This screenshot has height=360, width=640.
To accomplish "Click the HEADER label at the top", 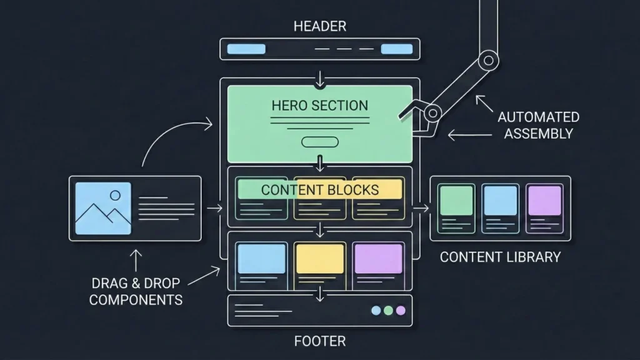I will point(319,26).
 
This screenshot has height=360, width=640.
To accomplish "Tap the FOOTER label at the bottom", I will point(319,341).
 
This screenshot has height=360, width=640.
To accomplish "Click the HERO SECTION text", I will point(319,105).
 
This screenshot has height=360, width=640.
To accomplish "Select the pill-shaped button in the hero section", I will point(319,142).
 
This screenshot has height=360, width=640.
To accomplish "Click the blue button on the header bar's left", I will point(246,49).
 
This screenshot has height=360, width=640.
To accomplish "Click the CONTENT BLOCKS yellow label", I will point(319,189).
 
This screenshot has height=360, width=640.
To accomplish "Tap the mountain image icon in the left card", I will point(103,208).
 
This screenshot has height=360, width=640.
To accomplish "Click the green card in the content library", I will point(456,201).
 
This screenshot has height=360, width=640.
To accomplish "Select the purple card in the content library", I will point(544,201).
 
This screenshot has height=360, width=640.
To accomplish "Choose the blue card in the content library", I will point(500,201).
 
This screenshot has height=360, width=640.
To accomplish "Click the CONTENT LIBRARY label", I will point(500,257).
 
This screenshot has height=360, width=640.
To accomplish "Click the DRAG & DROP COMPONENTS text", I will point(136,291).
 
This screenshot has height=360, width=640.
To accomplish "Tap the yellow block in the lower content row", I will point(319,258).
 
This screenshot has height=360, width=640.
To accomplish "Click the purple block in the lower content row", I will point(378,258).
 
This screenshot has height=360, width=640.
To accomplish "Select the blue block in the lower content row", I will point(261,258).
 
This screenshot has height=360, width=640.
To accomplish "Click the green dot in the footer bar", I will point(388,311).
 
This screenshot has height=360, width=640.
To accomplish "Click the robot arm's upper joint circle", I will point(488,61).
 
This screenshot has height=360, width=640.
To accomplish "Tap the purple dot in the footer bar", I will point(401,311).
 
